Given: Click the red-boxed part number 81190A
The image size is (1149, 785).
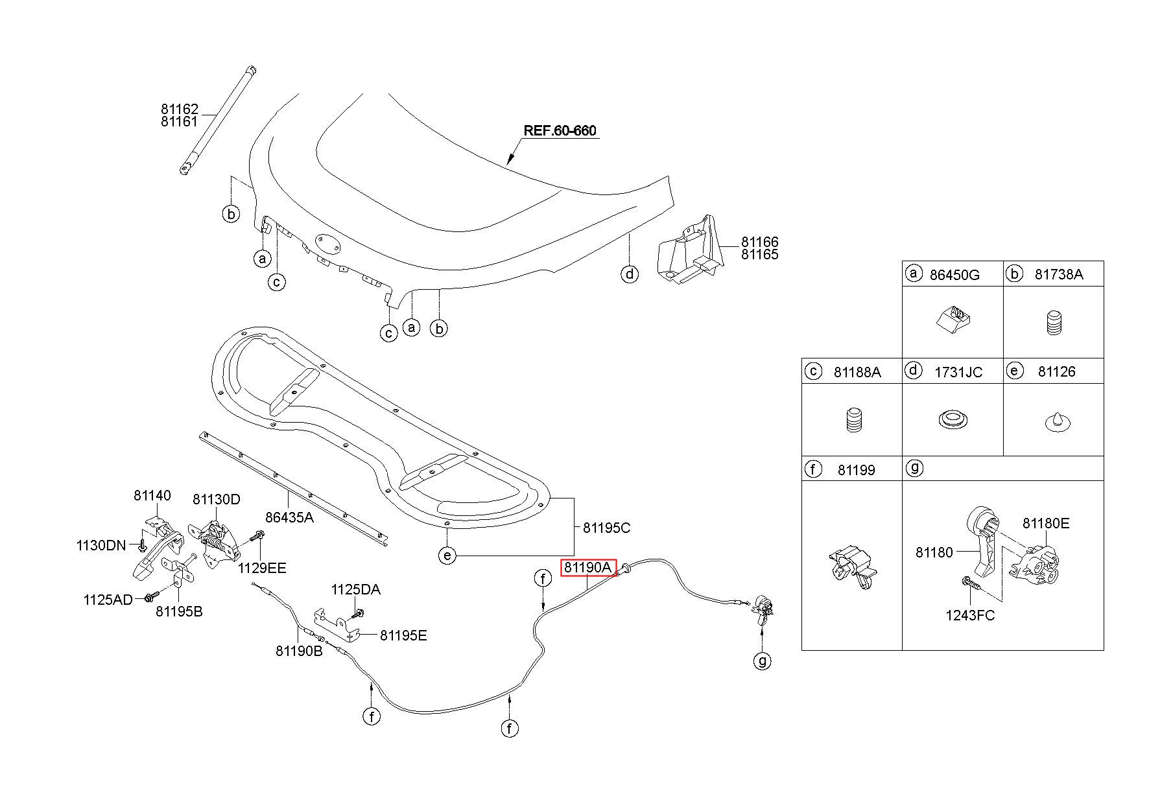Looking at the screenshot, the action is point(587,568).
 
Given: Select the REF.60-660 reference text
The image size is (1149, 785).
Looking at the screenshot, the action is point(560,131).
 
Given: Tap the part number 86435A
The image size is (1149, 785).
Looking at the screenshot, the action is point(289,517).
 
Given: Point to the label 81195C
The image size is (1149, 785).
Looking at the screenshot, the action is point(606,528).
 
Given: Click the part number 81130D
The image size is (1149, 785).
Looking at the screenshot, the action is point(217,499).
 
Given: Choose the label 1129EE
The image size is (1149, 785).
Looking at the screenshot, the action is point(262,568).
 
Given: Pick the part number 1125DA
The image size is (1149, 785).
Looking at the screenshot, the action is point(356,590).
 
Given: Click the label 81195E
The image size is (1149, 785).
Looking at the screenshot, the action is point(403,635).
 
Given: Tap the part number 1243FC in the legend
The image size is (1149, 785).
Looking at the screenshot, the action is point(970,615).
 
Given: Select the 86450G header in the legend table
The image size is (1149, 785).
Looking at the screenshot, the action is point(954,274).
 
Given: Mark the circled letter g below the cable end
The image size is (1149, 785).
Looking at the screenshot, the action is point(763,661).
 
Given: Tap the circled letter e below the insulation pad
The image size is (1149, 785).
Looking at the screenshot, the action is point(447,556).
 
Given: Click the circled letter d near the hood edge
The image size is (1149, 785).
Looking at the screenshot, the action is point(630,274).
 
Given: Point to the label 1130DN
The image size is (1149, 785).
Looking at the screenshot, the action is point(101,545).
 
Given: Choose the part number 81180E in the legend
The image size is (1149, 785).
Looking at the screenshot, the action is point(1046,523).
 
